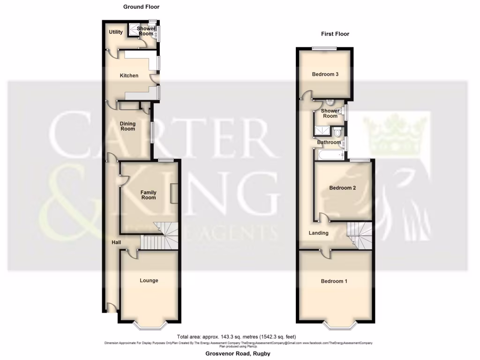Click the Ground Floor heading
tap(141, 7)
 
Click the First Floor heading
tap(335, 34)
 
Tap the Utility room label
tap(116, 32)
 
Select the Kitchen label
tap(129, 75)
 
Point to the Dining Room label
tap(127, 126)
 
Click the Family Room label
tap(149, 195)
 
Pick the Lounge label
tap(149, 280)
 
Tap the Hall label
tap(116, 242)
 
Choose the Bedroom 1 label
tap(334, 281)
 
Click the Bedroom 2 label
tap(342, 188)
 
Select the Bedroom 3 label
tap(325, 74)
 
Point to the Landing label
tap(318, 233)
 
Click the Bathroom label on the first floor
tap(329, 142)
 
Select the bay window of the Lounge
tap(149, 324)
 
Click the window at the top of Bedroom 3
tap(325, 48)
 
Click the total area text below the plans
tap(237, 337)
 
